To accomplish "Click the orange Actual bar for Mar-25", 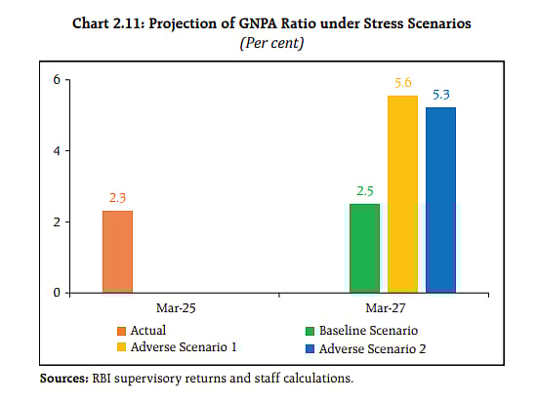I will coord(117,252).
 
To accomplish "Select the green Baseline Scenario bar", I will coord(364,248).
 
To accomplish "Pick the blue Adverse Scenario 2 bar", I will coord(440,199).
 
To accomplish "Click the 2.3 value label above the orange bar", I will coord(117,199).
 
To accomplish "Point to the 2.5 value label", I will coord(364,191).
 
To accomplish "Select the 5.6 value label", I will coord(402,84).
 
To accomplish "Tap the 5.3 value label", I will coord(440,95).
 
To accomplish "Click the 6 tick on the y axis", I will coord(56,80).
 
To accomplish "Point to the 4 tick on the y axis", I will coord(56,151).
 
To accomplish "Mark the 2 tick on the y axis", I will coord(56,221).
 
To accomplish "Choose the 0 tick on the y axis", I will coord(56,293).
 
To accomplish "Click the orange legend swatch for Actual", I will coord(121,331).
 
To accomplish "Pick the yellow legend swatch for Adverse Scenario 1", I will coord(121,347).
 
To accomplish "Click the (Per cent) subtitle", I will coord(268,45).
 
